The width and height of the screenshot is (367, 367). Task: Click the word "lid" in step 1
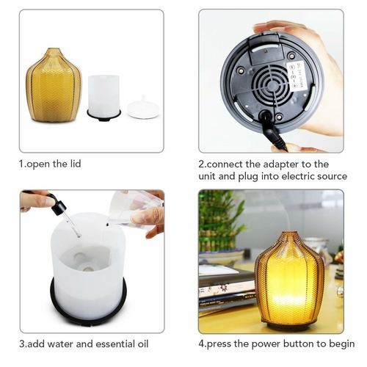point(76,164)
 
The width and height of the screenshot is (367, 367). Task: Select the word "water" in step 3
point(60,344)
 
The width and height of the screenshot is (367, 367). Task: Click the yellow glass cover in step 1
point(54,85)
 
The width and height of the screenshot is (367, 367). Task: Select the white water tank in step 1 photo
point(103,98)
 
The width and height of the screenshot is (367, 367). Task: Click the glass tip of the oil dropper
point(79,236)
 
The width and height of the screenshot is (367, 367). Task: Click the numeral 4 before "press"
point(201,344)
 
